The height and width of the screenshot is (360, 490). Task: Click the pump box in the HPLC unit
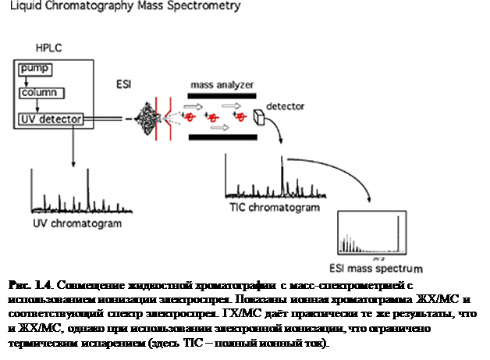(36, 69)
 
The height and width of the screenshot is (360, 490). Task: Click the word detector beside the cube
(286, 104)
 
